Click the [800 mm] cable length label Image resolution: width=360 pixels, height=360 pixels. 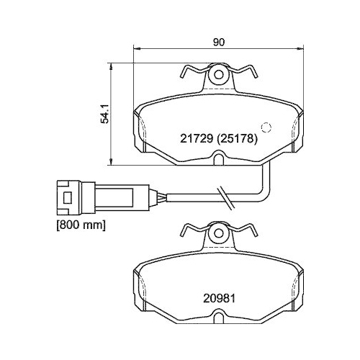[x=81, y=226]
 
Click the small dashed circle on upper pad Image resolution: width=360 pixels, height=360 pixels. [x=265, y=128]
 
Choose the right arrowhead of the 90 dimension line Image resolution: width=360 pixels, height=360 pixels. [x=299, y=50]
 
